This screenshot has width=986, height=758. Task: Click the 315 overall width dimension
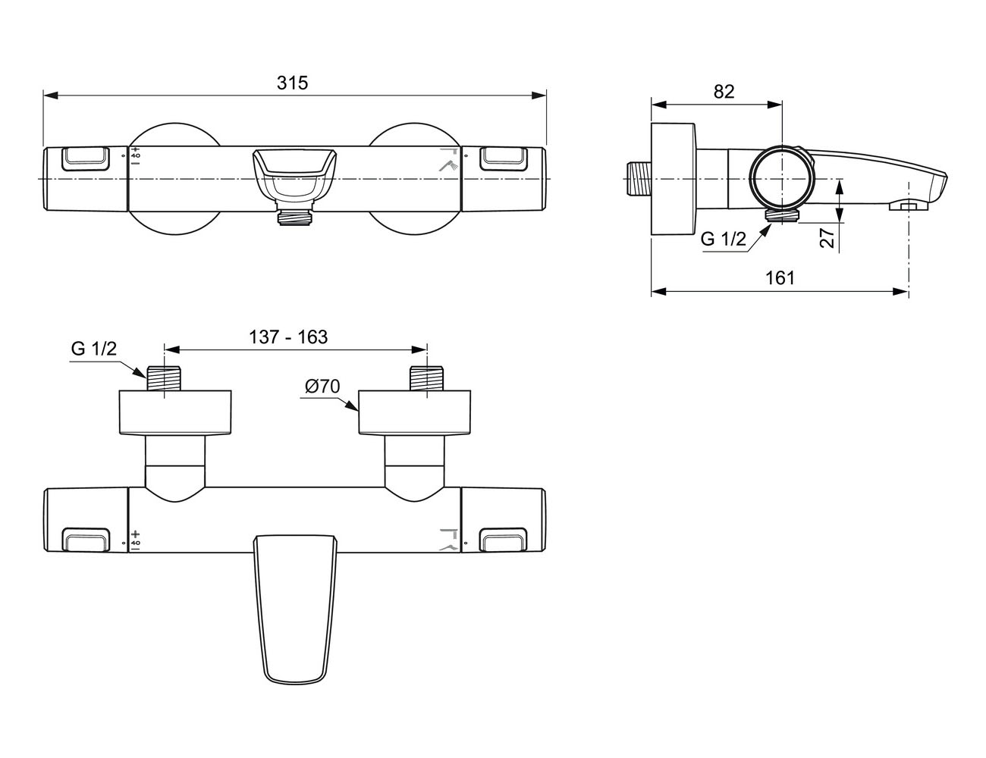pyautogui.click(x=292, y=83)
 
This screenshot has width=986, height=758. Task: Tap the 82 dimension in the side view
pyautogui.click(x=724, y=92)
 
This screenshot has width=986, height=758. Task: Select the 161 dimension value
pyautogui.click(x=780, y=278)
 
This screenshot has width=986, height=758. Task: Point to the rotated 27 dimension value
pyautogui.click(x=827, y=237)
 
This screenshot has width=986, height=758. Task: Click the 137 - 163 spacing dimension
pyautogui.click(x=288, y=337)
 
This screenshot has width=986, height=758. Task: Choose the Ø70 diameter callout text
pyautogui.click(x=322, y=387)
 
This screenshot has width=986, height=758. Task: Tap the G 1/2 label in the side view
pyautogui.click(x=724, y=239)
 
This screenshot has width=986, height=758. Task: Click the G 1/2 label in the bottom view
pyautogui.click(x=94, y=348)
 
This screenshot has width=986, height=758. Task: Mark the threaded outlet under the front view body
pyautogui.click(x=295, y=218)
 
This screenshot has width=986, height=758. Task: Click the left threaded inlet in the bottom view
pyautogui.click(x=164, y=378)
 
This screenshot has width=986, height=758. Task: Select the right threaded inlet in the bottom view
pyautogui.click(x=426, y=378)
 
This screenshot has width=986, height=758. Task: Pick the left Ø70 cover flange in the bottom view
pyautogui.click(x=175, y=412)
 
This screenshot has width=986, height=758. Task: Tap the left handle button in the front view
pyautogui.click(x=86, y=158)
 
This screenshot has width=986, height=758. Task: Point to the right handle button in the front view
pyautogui.click(x=503, y=158)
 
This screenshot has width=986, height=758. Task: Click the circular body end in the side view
pyautogui.click(x=781, y=179)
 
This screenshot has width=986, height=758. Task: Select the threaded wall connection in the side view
pyautogui.click(x=639, y=179)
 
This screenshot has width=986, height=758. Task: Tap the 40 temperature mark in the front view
pyautogui.click(x=136, y=155)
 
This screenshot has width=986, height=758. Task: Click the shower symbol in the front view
pyautogui.click(x=448, y=165)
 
